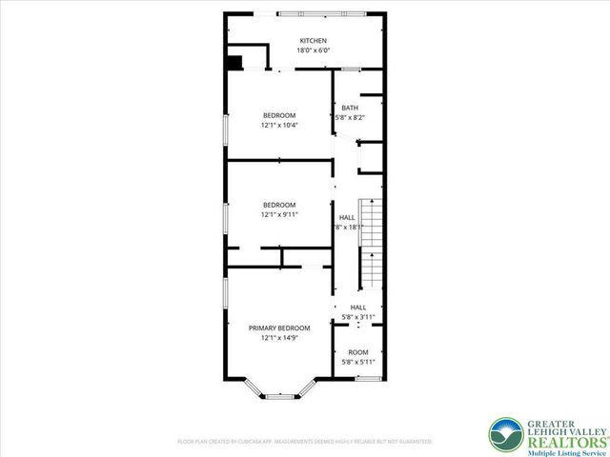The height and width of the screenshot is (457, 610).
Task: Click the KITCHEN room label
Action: point(313,41)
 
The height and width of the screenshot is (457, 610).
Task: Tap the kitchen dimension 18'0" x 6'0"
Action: point(313,50)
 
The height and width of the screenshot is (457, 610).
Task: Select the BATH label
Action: point(350,108)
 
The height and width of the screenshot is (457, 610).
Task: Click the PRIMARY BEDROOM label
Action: point(279,328)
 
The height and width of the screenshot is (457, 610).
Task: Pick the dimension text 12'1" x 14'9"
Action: point(279,337)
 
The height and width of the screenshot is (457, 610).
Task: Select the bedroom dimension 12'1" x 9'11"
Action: point(279,214)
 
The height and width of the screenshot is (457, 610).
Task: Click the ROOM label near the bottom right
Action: point(357,352)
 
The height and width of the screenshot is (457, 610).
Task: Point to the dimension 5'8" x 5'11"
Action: point(357,362)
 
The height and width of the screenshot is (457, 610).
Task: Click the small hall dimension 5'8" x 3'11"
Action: point(357,316)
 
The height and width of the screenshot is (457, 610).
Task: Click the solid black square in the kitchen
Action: point(234,63)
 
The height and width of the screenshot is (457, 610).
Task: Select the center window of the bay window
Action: point(278,395)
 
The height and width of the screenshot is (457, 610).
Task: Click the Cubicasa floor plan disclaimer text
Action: point(305,442)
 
